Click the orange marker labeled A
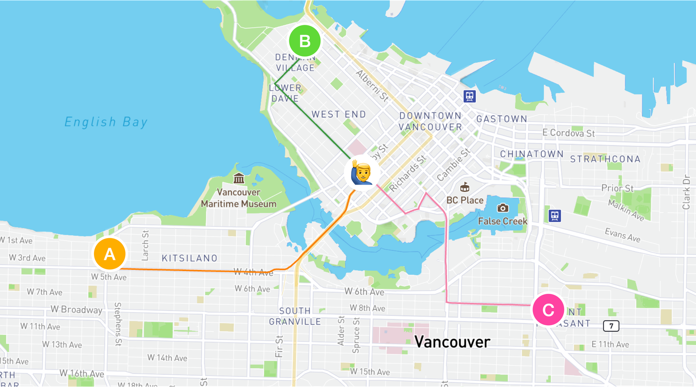[110, 254]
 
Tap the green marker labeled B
[304, 41]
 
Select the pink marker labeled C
[548, 310]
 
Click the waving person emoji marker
[362, 173]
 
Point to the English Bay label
[106, 122]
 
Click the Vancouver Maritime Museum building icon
[238, 178]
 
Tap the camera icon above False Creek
[502, 208]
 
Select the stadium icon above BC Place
[465, 188]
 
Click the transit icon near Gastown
[469, 96]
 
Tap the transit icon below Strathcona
[555, 215]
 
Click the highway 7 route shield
[611, 326]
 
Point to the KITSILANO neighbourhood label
[190, 258]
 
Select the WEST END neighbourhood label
[338, 114]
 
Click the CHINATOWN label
[532, 154]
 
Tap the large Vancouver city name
[452, 342]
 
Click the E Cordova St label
[568, 133]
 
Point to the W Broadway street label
[77, 310]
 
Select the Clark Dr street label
[686, 192]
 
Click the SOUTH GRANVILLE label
[295, 316]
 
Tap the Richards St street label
[408, 174]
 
